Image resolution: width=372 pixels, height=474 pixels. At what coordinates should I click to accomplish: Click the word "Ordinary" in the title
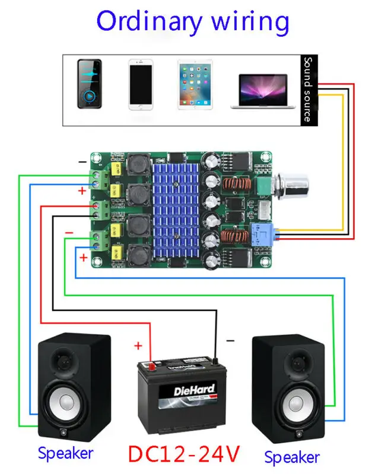(x=148, y=21)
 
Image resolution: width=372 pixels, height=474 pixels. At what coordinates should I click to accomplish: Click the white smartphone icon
(x=142, y=83)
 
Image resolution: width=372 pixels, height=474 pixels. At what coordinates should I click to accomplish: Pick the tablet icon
(x=195, y=83)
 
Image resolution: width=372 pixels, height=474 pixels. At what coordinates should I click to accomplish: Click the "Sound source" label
(x=307, y=89)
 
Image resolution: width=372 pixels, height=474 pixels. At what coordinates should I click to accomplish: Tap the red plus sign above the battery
(x=138, y=346)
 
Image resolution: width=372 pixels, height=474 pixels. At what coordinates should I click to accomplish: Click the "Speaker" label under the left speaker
(x=65, y=453)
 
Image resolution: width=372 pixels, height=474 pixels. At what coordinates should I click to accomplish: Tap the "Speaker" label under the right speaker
(x=291, y=457)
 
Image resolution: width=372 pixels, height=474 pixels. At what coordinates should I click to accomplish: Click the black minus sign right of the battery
(x=230, y=341)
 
